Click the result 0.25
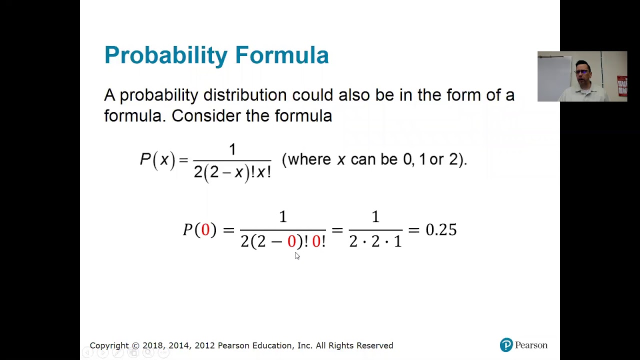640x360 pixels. pyautogui.click(x=441, y=230)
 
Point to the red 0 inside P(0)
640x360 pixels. pyautogui.click(x=205, y=230)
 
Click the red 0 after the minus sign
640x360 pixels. pyautogui.click(x=291, y=242)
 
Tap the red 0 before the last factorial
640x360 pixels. pyautogui.click(x=316, y=242)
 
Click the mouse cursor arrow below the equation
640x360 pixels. pyautogui.click(x=296, y=255)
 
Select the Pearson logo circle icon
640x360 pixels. pyautogui.click(x=506, y=345)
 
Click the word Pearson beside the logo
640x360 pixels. pyautogui.click(x=531, y=345)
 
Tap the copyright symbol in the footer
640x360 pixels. pyautogui.click(x=135, y=345)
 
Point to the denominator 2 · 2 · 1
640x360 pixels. pyautogui.click(x=375, y=242)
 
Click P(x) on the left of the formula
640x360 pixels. pyautogui.click(x=157, y=160)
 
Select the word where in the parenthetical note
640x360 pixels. pyautogui.click(x=309, y=159)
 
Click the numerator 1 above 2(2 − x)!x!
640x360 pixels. pyautogui.click(x=232, y=149)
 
